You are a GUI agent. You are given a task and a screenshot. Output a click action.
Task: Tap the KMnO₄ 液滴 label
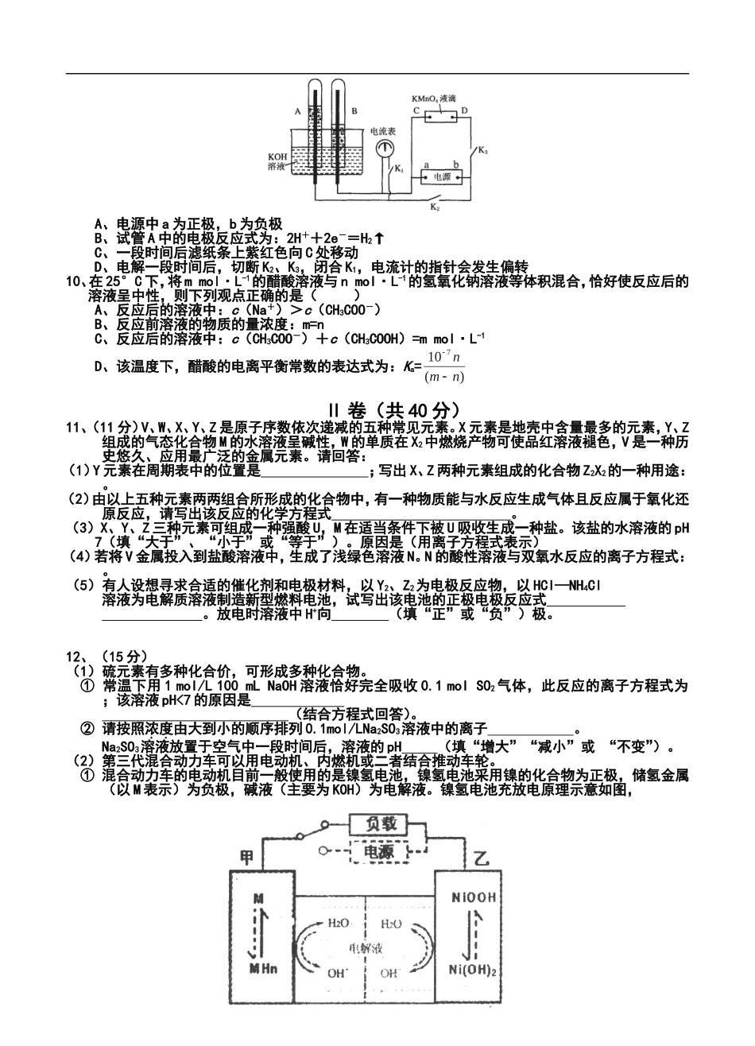433,97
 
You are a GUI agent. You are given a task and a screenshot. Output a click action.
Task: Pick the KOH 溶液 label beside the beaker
277,161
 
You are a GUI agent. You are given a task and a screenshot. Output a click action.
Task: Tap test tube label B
354,112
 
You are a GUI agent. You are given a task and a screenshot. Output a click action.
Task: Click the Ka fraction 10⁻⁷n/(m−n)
445,366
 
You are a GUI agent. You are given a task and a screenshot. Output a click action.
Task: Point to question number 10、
76,282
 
